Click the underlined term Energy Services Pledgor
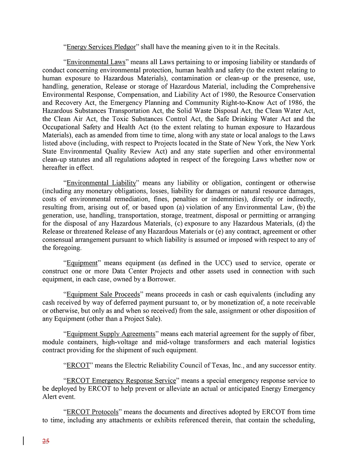pos(101,47)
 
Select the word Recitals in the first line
pos(267,47)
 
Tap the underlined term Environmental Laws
pos(96,62)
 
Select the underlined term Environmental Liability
pos(101,183)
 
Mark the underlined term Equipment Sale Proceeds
pos(103,295)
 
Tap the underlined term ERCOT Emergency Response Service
pos(121,381)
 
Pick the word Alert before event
pos(50,397)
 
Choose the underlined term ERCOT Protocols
pos(92,412)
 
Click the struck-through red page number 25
pos(46,441)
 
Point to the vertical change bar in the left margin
pos(24,441)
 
